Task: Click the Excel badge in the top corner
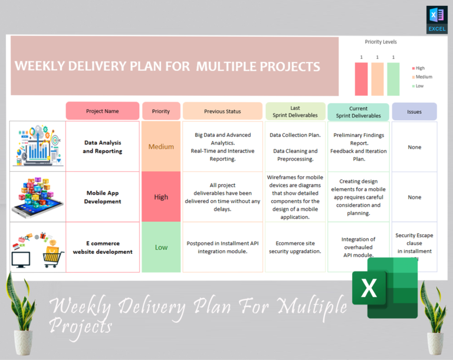coord(436,19)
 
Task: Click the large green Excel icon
coord(385,287)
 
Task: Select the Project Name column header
coord(103,111)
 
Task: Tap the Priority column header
coord(161,111)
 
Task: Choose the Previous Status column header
coord(222,111)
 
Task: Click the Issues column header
coord(414,112)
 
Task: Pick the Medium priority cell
coord(161,146)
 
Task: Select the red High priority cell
coord(161,197)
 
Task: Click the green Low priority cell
coord(161,247)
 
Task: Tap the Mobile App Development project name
coord(103,197)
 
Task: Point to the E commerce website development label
coord(103,247)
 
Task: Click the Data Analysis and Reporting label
coord(103,146)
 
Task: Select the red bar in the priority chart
coord(362,79)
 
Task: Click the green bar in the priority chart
coord(393,79)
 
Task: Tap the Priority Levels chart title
coord(380,42)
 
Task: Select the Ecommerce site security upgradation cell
coord(295,247)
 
